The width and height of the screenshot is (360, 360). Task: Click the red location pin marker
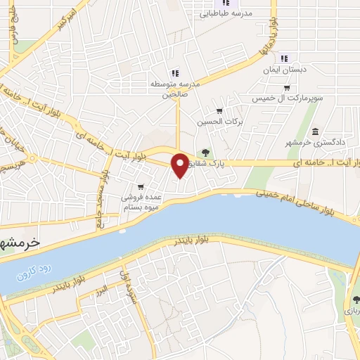tap(181, 165)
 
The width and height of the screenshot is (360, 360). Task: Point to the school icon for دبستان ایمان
tap(284, 58)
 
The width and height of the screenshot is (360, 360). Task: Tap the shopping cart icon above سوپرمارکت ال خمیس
tap(286, 88)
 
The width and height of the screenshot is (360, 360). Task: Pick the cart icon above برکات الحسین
tap(219, 110)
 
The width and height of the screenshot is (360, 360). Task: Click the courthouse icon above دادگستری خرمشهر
tap(314, 132)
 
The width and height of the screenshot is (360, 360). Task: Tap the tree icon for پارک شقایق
tap(205, 151)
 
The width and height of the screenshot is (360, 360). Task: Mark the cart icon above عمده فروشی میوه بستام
tap(141, 186)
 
